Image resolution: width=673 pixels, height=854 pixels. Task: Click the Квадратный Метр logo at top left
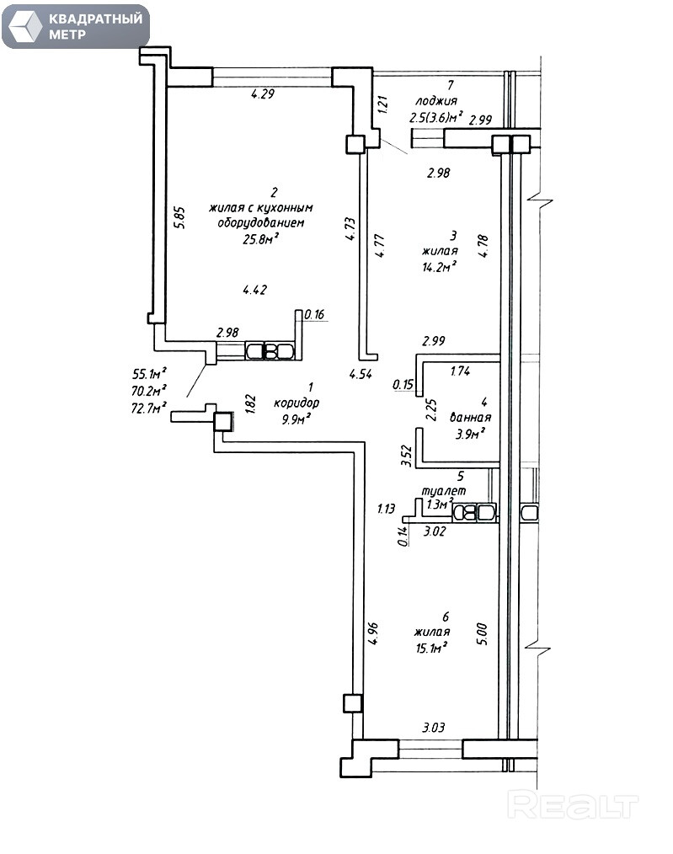[x=76, y=26]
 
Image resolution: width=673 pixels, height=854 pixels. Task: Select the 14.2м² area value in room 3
[x=440, y=266]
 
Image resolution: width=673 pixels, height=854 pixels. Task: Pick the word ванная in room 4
[x=471, y=418]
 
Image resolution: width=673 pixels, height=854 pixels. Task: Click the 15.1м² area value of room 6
[x=430, y=647]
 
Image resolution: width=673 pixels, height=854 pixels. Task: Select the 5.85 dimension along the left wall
[x=178, y=216]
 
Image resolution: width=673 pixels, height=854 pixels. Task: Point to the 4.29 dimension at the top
[x=263, y=94]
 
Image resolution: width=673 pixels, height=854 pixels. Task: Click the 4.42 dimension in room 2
[x=254, y=291]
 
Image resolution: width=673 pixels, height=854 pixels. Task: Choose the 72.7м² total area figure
[x=148, y=408]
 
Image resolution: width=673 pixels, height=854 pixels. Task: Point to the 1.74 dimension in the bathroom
[x=460, y=371]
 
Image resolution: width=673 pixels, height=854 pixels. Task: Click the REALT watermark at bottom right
[x=574, y=806]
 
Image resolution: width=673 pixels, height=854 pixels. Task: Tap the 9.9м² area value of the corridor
[x=297, y=417]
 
